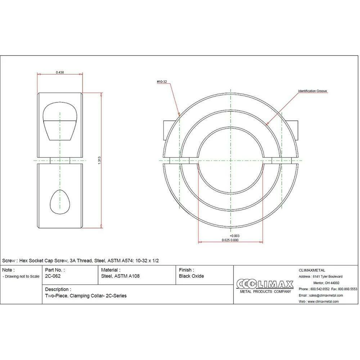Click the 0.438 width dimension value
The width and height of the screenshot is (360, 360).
60,72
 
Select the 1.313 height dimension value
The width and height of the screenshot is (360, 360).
99,160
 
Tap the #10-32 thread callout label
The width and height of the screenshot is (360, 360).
162,82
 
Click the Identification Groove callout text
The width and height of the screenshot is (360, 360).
312,91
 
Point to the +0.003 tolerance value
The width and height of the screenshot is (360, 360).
235,236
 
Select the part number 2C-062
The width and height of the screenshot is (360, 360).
53,276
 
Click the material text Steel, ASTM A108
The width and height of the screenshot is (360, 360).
120,276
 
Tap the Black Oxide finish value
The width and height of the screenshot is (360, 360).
192,276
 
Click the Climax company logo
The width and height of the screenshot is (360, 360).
265,286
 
